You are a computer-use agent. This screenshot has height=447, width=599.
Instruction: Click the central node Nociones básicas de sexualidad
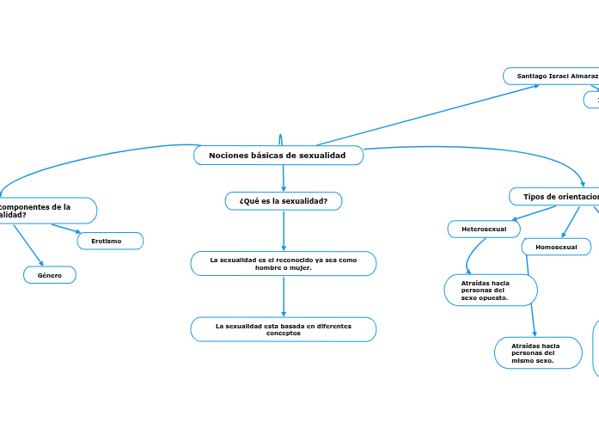(278, 156)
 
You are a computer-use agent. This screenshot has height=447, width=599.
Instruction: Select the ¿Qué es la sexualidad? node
(283, 201)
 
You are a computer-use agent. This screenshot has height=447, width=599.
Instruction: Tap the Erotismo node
(110, 242)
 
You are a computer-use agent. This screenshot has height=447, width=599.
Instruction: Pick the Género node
(49, 275)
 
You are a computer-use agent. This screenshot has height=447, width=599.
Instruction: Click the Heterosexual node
(484, 230)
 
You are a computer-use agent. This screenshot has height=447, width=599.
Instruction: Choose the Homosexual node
(556, 248)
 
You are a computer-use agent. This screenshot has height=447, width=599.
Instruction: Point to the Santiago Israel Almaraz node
(555, 77)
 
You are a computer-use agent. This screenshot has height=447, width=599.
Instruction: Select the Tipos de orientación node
(559, 198)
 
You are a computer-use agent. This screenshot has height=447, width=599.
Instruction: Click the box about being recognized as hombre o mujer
(283, 264)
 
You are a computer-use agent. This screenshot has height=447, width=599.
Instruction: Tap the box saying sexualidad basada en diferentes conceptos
(283, 329)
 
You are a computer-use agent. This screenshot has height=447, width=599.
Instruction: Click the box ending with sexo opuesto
(490, 291)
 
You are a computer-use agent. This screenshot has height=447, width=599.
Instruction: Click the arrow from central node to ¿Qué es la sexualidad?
(283, 179)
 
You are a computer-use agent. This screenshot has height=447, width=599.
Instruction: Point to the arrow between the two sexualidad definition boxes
(283, 297)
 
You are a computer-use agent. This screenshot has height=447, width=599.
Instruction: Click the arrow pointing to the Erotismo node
(66, 229)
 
